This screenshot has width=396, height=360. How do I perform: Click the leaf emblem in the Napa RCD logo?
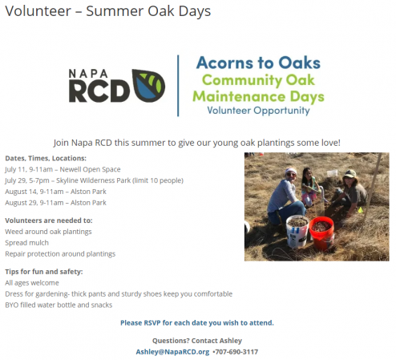[x=148, y=86]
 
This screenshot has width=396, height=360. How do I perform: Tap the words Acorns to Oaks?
[x=258, y=63]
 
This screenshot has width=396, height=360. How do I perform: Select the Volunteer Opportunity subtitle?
[x=258, y=111]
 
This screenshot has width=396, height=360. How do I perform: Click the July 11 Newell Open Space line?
[x=63, y=169]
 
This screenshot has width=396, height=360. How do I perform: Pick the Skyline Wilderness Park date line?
[x=94, y=180]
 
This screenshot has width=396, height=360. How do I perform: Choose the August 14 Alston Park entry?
[x=55, y=192]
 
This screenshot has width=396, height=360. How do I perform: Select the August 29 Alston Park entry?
[x=55, y=203]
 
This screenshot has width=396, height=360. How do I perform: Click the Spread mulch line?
[x=26, y=243]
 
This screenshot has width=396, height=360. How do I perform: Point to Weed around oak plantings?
[x=48, y=232]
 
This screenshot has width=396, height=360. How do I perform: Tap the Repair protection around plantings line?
[x=60, y=254]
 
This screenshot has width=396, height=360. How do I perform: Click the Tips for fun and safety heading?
[x=44, y=272]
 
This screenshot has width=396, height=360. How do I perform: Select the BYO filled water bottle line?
[x=59, y=305]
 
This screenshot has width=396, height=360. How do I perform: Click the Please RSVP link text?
[x=197, y=323]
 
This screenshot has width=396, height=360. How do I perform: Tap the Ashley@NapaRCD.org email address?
[x=172, y=352]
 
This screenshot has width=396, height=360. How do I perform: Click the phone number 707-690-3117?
[x=236, y=352]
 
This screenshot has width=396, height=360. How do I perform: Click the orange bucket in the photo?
[x=321, y=233]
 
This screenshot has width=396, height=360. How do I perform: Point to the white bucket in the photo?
[x=297, y=232]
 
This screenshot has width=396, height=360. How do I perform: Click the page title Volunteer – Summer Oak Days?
[x=108, y=11]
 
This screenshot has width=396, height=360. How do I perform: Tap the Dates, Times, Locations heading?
[x=46, y=158]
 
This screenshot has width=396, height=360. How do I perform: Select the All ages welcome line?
[x=32, y=283]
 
